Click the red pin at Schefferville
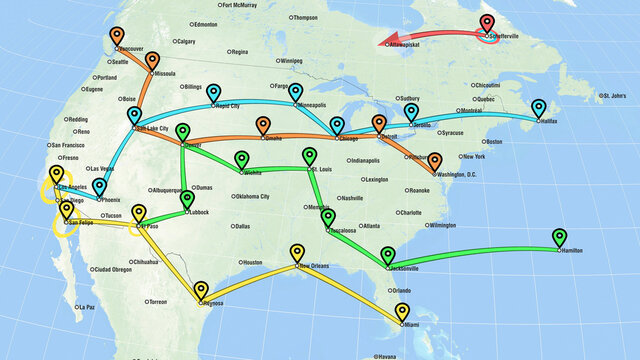(487, 24)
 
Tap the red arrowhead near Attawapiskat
(382, 43)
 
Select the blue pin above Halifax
(539, 107)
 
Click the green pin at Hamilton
(558, 237)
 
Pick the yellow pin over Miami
(402, 311)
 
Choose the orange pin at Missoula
(153, 61)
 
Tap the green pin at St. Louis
(309, 156)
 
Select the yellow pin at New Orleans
(297, 253)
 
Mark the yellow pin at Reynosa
(202, 290)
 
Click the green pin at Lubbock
(187, 200)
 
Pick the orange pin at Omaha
(263, 126)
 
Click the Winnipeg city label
(292, 60)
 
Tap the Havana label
(385, 356)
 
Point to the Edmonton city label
(207, 23)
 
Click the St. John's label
(615, 96)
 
